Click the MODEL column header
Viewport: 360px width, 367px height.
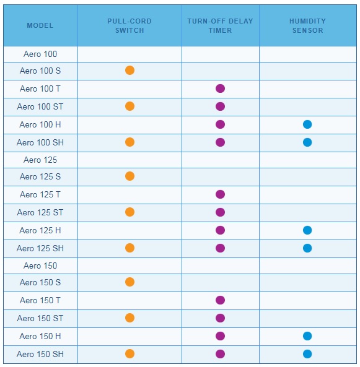click(x=40, y=25)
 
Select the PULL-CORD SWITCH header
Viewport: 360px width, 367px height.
click(x=130, y=26)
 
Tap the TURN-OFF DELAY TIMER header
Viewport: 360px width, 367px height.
click(x=220, y=26)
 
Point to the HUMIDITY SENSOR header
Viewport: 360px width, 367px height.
click(x=307, y=26)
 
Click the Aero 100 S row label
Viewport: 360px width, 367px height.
click(x=40, y=71)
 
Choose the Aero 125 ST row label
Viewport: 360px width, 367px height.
click(x=40, y=212)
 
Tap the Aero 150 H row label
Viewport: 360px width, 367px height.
click(x=40, y=336)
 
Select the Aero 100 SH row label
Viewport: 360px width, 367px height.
click(x=40, y=142)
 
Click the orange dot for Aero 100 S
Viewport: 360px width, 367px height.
click(x=130, y=70)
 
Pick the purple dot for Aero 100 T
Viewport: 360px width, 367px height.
click(x=220, y=89)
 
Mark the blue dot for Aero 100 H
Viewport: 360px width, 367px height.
click(x=307, y=124)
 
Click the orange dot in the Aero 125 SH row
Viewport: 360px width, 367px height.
click(x=130, y=248)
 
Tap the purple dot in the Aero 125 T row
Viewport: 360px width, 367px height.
click(x=220, y=194)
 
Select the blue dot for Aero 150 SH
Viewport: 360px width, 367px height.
click(x=307, y=354)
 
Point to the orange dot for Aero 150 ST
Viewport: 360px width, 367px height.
click(x=130, y=318)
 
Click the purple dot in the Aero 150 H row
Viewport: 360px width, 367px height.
click(x=220, y=336)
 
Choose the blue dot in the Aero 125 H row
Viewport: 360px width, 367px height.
click(x=307, y=230)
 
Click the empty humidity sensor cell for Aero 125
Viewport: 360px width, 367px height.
click(x=308, y=160)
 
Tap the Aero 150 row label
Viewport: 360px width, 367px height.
click(x=40, y=266)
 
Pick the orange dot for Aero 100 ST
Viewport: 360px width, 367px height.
click(x=130, y=106)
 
